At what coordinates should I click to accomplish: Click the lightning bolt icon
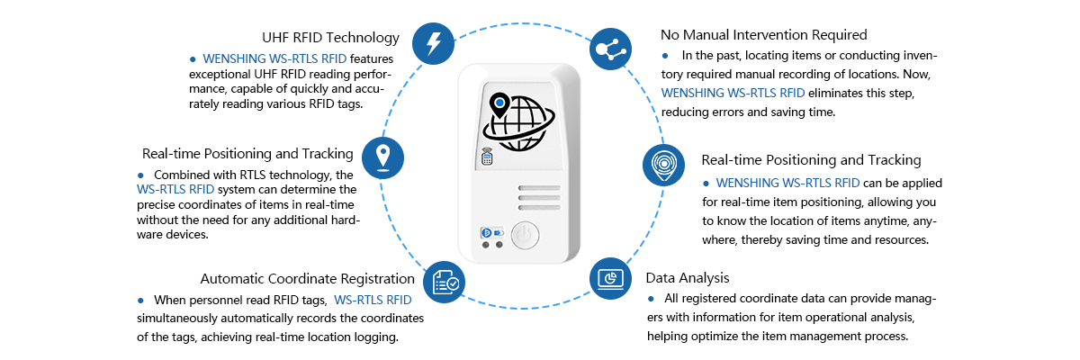(433, 42)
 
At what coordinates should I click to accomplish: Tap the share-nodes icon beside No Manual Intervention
(612, 48)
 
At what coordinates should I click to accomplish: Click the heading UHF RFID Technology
(330, 38)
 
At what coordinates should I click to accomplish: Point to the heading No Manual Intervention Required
(763, 35)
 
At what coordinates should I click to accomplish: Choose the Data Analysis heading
(688, 277)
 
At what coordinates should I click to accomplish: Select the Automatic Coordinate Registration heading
(308, 279)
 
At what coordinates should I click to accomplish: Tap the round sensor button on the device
(526, 236)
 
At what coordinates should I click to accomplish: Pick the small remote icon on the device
(487, 157)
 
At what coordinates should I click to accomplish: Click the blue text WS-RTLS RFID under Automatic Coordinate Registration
(373, 300)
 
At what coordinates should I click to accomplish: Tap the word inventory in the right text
(910, 55)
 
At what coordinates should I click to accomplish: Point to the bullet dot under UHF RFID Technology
(192, 58)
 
